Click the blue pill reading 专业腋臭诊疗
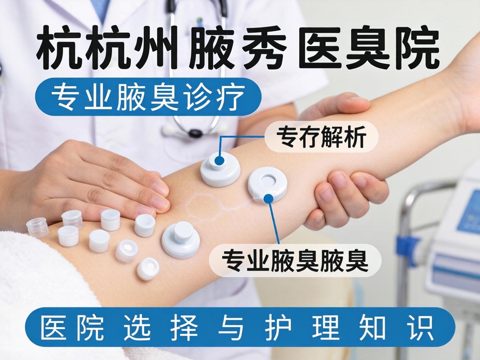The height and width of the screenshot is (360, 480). (x=148, y=97)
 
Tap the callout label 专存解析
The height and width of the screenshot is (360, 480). (x=321, y=136)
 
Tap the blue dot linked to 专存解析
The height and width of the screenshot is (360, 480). (x=220, y=160)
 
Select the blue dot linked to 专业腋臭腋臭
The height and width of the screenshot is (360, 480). (x=269, y=198)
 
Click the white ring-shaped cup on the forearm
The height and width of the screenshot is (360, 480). (x=267, y=183)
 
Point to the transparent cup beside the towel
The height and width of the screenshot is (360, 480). (x=37, y=227)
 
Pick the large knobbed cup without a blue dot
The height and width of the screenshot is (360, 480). (x=180, y=239)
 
